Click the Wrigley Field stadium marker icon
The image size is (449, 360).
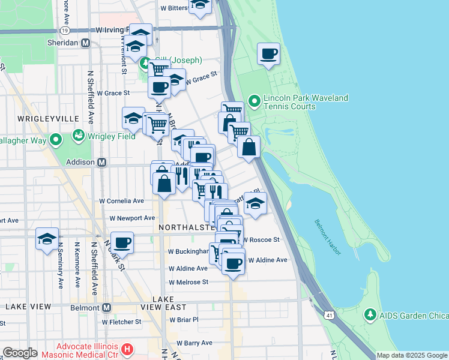[x=78, y=135]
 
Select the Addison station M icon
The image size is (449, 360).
[x=102, y=162]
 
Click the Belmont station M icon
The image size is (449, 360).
[x=107, y=307]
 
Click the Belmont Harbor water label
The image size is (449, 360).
[x=327, y=238]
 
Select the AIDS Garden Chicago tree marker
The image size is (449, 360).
[x=370, y=314]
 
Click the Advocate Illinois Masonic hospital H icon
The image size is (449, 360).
[x=127, y=348]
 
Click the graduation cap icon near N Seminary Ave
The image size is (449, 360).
[x=47, y=239]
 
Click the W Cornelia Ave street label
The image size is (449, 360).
[x=122, y=201]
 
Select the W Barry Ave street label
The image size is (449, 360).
[x=194, y=343]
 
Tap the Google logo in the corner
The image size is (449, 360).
[x=20, y=353]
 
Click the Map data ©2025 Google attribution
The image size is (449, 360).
[x=412, y=355]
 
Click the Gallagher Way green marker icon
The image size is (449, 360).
[x=56, y=140]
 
